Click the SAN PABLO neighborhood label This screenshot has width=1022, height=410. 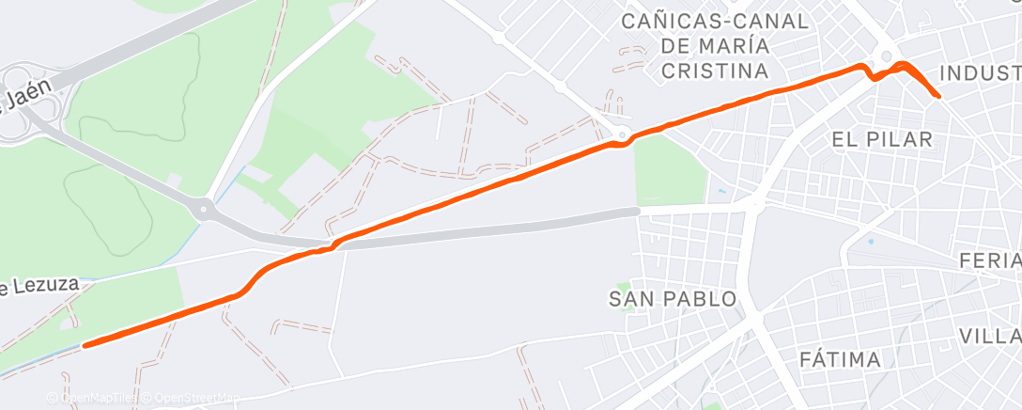point(673,300)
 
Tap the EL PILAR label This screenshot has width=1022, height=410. point(882,140)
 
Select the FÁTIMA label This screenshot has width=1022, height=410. point(840,359)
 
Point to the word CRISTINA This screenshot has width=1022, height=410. point(715,71)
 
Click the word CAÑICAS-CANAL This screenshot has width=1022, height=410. point(716,22)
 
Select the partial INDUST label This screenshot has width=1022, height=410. point(979,73)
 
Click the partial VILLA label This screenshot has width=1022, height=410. point(990,336)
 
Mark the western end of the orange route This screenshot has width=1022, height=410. point(85,345)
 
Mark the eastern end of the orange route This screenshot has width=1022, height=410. point(939,96)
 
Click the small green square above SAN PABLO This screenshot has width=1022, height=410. point(621,285)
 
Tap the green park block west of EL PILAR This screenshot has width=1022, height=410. point(669,169)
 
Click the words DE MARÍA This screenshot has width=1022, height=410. point(716,46)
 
